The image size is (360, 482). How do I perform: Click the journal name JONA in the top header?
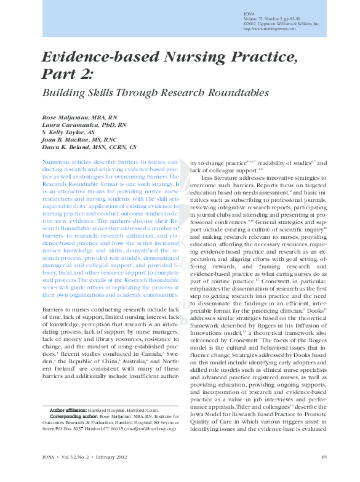click(249, 14)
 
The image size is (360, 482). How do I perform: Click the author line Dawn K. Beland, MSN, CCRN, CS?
click(89, 148)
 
